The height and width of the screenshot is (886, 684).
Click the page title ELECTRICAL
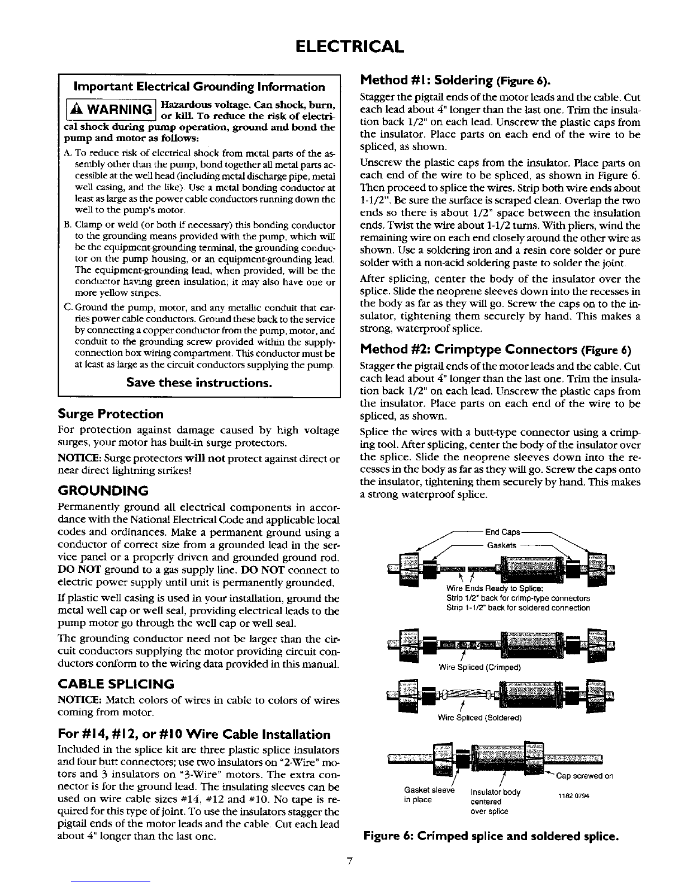(341, 45)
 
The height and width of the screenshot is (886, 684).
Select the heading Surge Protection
(111, 414)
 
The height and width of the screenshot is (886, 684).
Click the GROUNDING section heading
(103, 491)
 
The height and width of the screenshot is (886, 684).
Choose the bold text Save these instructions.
(199, 383)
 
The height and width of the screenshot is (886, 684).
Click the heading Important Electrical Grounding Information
(199, 87)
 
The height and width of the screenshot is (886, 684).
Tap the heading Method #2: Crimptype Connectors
(496, 350)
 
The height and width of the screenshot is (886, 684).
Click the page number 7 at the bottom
(348, 861)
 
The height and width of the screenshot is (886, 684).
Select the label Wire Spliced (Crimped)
(480, 667)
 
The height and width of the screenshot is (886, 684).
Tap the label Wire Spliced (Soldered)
(480, 718)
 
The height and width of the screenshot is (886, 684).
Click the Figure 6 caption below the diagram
(491, 837)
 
